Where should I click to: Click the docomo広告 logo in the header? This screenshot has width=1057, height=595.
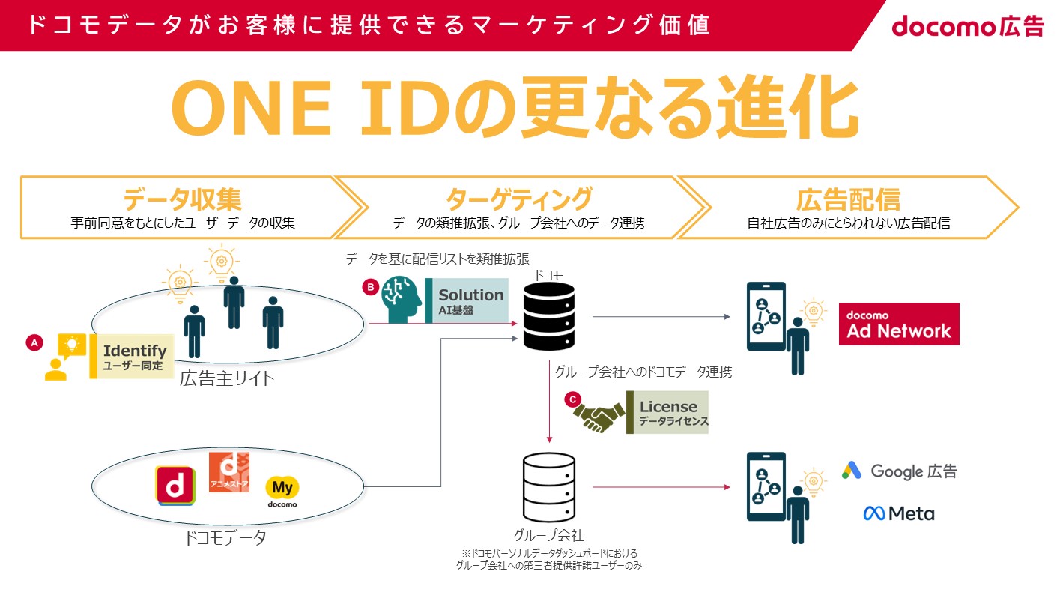[967, 26]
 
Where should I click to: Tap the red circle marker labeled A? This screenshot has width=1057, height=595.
[33, 342]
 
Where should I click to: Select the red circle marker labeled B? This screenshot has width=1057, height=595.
[369, 287]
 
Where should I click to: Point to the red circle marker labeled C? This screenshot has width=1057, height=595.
[573, 399]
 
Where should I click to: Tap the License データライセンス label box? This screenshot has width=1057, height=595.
[667, 412]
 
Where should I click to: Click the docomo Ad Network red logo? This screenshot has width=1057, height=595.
[899, 324]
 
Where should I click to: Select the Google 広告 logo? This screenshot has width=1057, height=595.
[899, 471]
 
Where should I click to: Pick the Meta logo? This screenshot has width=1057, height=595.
[899, 513]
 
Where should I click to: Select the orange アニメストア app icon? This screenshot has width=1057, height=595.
[228, 472]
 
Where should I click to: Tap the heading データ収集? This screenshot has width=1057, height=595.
[183, 199]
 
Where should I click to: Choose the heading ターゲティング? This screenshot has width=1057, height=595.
[518, 199]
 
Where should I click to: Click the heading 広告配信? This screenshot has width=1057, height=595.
[847, 199]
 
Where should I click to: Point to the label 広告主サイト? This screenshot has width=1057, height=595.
[227, 378]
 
